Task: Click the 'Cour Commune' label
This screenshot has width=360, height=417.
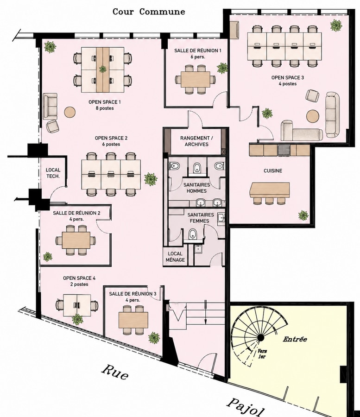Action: [149, 12]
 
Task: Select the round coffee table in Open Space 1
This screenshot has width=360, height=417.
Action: [70, 112]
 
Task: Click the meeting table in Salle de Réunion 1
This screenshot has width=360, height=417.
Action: [195, 79]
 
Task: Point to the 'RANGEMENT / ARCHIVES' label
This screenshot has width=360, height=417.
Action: [196, 141]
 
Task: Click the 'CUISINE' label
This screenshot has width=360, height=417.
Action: [273, 171]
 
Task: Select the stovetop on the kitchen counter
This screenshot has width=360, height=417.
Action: [284, 150]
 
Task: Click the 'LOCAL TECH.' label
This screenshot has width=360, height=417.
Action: [53, 173]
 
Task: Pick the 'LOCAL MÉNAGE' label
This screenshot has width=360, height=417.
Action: [175, 257]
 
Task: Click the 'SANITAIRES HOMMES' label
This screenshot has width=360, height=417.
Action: [196, 188]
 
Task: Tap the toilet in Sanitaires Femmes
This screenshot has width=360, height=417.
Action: [192, 234]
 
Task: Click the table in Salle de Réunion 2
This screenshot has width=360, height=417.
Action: [76, 240]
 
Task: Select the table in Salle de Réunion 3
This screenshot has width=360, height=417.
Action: [133, 320]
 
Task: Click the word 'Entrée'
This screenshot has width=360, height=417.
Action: [295, 339]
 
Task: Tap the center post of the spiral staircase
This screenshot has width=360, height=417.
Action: [260, 338]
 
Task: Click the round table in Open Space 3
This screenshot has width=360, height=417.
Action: [313, 116]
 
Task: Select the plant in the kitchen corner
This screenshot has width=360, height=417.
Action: [303, 215]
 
